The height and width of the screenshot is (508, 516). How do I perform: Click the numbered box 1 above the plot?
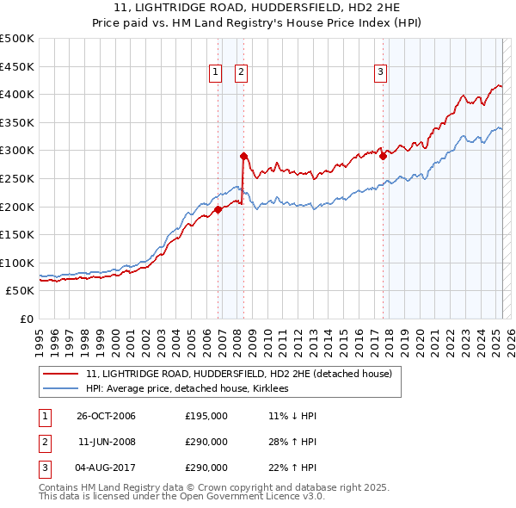pyautogui.click(x=214, y=73)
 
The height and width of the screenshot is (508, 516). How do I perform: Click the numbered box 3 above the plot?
pyautogui.click(x=379, y=73)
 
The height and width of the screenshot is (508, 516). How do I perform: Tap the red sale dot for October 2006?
pyautogui.click(x=218, y=208)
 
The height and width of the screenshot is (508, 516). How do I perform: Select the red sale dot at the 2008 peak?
pyautogui.click(x=243, y=156)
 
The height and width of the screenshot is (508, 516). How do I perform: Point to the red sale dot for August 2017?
pyautogui.click(x=383, y=156)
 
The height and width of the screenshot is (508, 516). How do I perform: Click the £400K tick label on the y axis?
pyautogui.click(x=17, y=95)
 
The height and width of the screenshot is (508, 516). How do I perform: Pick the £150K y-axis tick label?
pyautogui.click(x=17, y=234)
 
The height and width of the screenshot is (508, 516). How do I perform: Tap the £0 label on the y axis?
pyautogui.click(x=26, y=319)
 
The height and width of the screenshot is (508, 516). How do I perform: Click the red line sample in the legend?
pyautogui.click(x=61, y=374)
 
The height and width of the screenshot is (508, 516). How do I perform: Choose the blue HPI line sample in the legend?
pyautogui.click(x=61, y=388)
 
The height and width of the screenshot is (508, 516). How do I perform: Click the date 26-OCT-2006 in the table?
pyautogui.click(x=107, y=416)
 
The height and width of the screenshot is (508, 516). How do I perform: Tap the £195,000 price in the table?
pyautogui.click(x=206, y=416)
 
